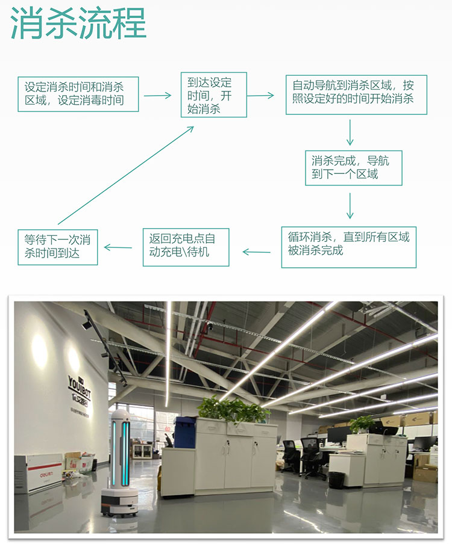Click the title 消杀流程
[79, 23]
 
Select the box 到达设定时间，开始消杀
[213, 95]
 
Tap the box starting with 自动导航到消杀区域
[356, 94]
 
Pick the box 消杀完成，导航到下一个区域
[353, 168]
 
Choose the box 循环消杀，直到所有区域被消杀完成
[348, 247]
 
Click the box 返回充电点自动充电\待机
[186, 247]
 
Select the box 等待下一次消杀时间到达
[57, 247]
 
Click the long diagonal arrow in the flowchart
[125, 175]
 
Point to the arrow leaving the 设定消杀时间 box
[158, 96]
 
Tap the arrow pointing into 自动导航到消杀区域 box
[260, 95]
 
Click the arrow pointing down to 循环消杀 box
[350, 206]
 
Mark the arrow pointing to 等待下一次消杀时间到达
[119, 247]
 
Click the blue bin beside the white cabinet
[185, 431]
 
